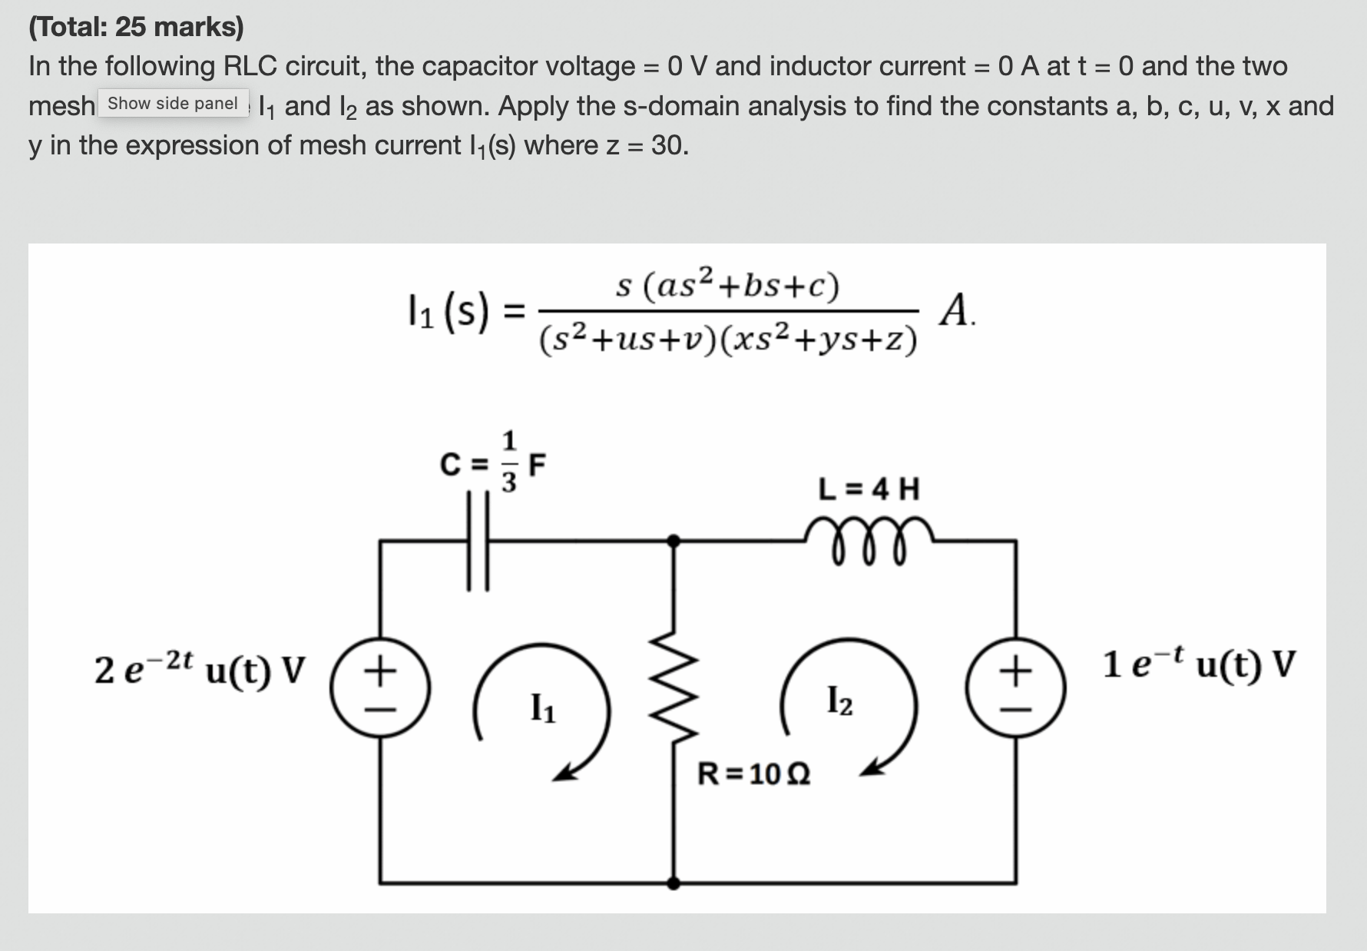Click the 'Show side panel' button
[x=173, y=104]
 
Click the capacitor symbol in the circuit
[x=478, y=542]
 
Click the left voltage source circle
[x=379, y=688]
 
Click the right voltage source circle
[x=1016, y=688]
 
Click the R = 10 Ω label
[x=753, y=774]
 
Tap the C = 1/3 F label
[x=492, y=463]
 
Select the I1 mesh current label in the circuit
[x=544, y=707]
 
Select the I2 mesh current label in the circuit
[x=839, y=700]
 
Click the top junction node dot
[x=674, y=541]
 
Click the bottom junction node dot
[x=674, y=883]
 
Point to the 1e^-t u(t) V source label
[x=1199, y=663]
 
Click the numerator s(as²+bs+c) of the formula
[x=727, y=286]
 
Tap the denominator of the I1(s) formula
[x=727, y=339]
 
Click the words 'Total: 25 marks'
[x=136, y=27]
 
